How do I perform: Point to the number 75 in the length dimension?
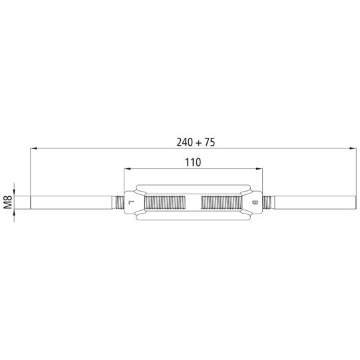(x=210, y=142)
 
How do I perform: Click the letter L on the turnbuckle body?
(x=131, y=202)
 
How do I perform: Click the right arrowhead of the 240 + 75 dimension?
(x=351, y=150)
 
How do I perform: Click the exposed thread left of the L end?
(x=117, y=202)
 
